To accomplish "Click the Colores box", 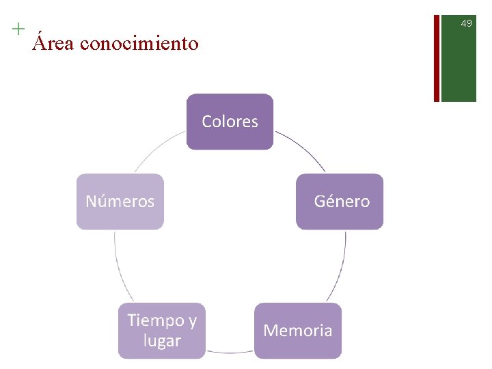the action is click(x=230, y=122).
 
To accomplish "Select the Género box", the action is click(x=340, y=202).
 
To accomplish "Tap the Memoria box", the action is click(x=298, y=331).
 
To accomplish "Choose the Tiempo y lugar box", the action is click(x=162, y=331).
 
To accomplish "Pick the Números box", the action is click(x=120, y=202).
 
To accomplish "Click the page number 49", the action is click(x=466, y=24).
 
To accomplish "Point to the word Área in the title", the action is click(x=54, y=44).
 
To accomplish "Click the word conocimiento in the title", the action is click(x=139, y=44).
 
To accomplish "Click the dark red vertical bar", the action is click(x=437, y=51).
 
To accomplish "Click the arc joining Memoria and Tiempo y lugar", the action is click(x=230, y=353).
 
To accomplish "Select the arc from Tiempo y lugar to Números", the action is click(x=118, y=266).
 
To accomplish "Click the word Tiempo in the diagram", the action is click(x=155, y=320).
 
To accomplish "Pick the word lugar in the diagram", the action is click(x=162, y=340).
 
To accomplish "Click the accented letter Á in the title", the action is click(x=41, y=42).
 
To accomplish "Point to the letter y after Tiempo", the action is click(x=192, y=322).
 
